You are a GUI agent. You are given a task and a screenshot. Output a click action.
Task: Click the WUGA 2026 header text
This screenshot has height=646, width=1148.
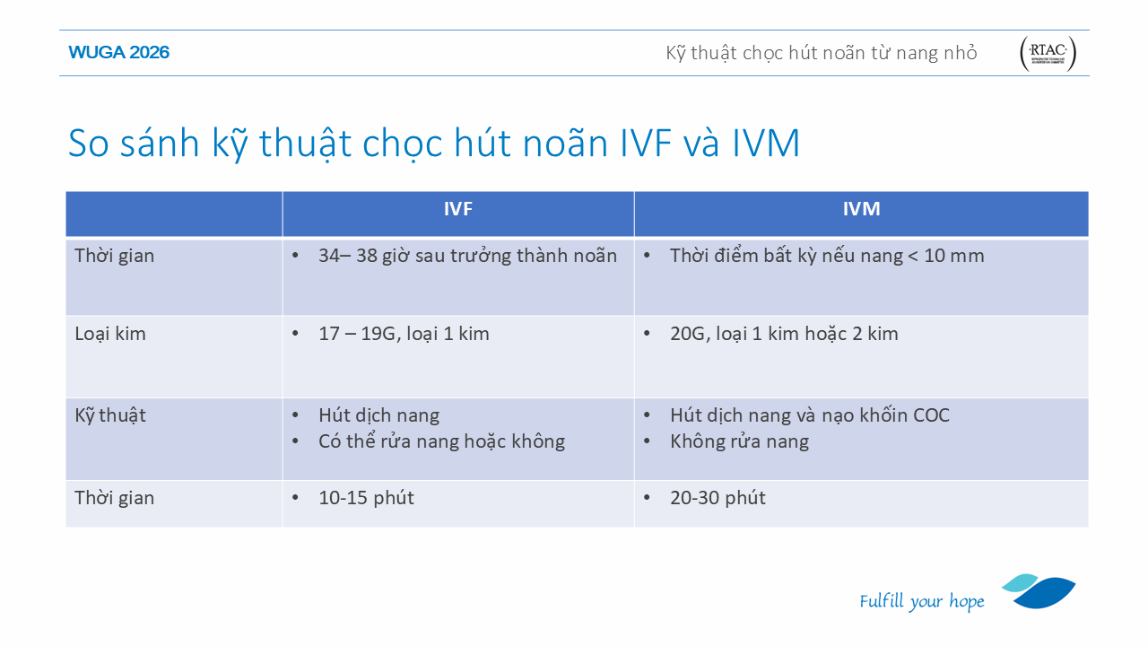(119, 52)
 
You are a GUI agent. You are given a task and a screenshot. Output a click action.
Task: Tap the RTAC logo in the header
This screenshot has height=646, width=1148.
(1048, 53)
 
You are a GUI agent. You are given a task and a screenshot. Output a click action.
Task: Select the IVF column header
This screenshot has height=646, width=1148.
(457, 209)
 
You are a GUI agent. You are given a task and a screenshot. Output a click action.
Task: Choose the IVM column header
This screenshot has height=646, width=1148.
(862, 209)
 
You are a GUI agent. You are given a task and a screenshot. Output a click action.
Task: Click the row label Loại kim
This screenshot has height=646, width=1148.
(110, 334)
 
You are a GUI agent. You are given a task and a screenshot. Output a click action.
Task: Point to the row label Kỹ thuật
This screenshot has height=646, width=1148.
(110, 415)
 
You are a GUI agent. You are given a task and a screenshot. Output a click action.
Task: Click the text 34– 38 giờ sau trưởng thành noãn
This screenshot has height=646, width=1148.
(467, 256)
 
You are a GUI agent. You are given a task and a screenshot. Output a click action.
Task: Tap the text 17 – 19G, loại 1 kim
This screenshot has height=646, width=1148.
(404, 334)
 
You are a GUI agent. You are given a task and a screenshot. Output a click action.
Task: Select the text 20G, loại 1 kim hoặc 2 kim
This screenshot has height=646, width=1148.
(784, 334)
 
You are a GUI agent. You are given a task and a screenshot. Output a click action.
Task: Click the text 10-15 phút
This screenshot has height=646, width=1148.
(366, 498)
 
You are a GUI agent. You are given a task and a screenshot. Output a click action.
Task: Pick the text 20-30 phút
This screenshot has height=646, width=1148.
(717, 498)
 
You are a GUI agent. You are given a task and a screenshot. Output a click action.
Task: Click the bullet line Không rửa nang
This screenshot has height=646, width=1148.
(740, 441)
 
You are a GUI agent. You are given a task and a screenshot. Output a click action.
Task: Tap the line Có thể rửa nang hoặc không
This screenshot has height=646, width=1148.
(442, 441)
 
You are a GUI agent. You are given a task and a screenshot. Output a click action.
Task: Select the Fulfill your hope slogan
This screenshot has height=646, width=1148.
(921, 601)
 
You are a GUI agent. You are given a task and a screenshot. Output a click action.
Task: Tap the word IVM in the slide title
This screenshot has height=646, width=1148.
(766, 143)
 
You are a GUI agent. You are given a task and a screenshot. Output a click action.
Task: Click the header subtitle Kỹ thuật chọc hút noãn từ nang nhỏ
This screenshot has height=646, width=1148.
(821, 53)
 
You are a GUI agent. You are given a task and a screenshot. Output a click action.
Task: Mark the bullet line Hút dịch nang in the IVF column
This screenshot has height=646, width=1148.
(378, 415)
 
